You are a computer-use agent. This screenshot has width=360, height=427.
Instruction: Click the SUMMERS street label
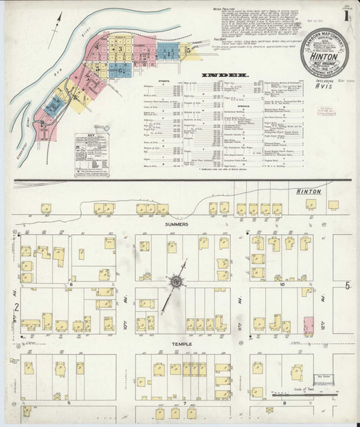(177, 224)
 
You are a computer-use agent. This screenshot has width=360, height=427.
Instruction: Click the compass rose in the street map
(175, 281)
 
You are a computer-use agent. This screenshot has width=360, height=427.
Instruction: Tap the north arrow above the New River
(55, 26)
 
